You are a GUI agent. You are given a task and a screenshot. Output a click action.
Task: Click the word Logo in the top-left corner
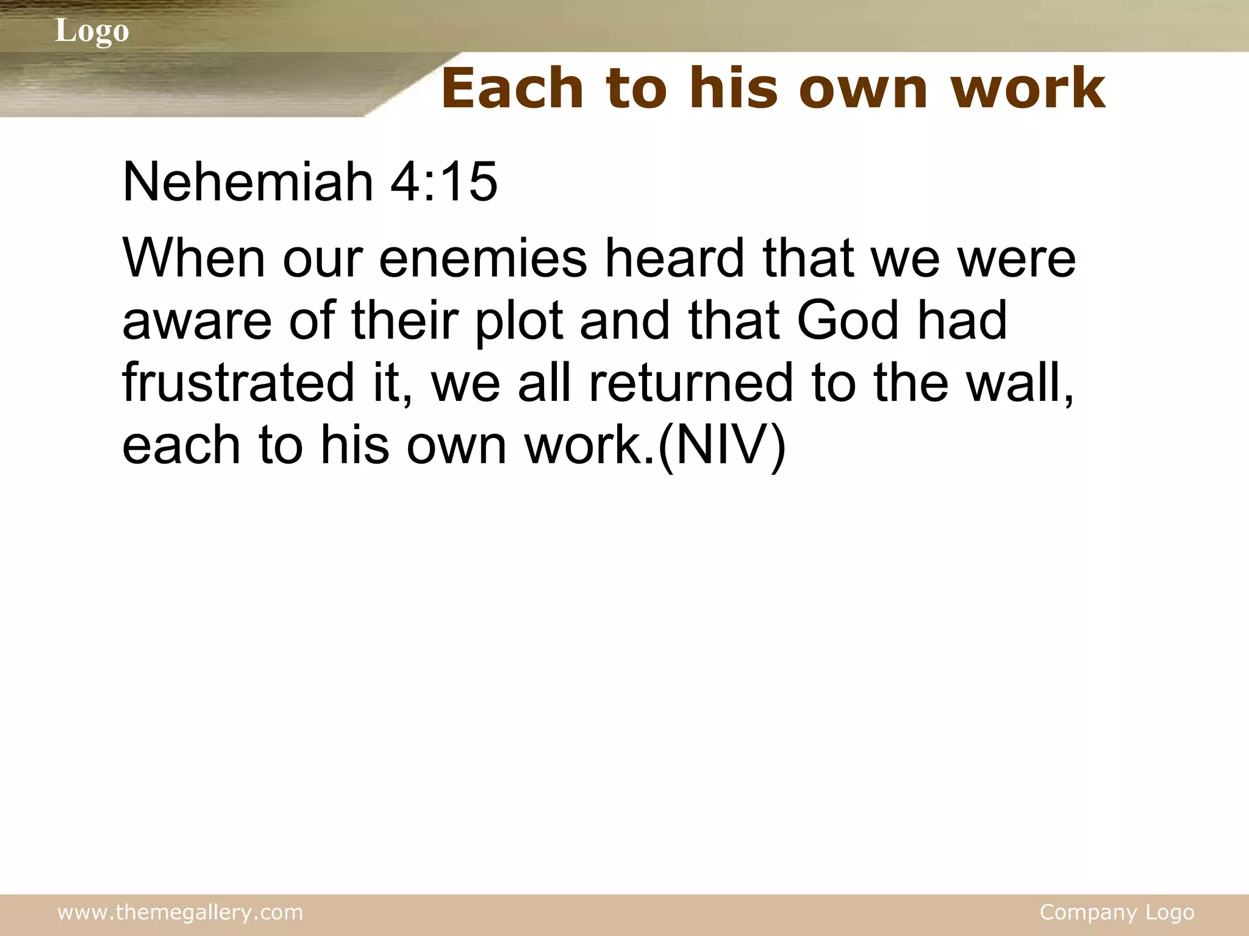92,30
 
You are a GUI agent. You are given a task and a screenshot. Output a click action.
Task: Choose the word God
848,321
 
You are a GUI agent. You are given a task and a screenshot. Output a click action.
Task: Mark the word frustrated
238,383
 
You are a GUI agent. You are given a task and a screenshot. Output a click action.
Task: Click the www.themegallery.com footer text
180,912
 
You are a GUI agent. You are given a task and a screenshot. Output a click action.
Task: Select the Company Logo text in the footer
1117,912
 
